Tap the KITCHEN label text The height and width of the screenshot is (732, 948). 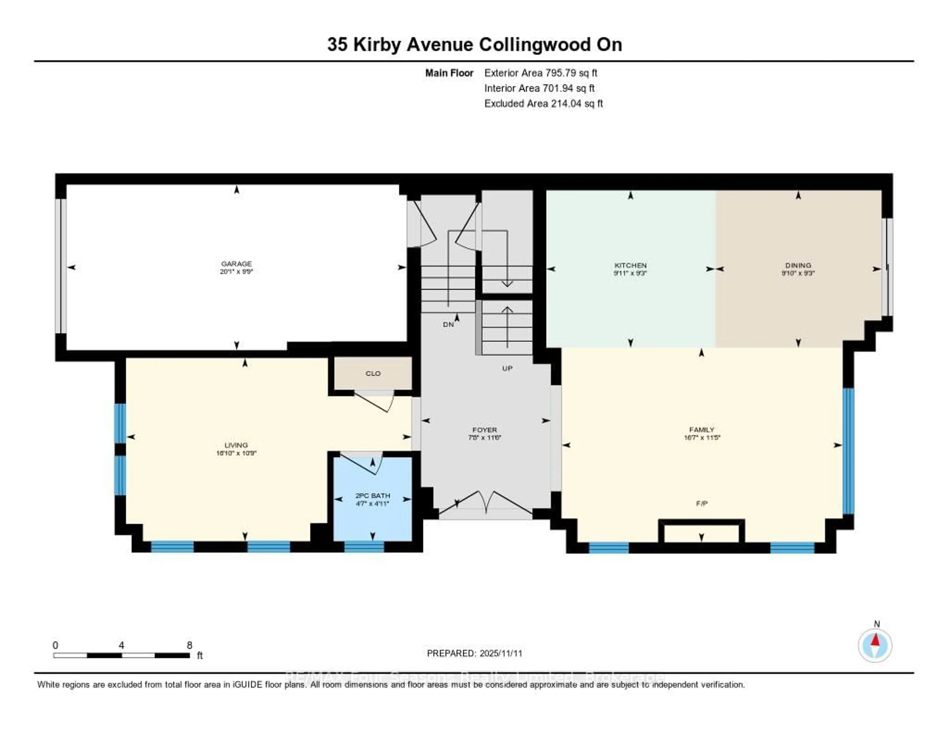point(630,265)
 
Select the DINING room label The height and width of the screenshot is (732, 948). point(798,265)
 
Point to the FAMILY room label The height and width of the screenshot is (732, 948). point(701,430)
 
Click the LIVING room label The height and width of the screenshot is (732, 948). point(236,445)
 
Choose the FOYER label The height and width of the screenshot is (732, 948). point(484,430)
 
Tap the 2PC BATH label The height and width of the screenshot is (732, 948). point(373,496)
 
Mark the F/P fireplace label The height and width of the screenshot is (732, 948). point(701,503)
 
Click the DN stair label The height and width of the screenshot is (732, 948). point(448,325)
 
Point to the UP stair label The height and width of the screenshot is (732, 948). point(507,368)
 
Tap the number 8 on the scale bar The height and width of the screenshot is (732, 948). point(189,645)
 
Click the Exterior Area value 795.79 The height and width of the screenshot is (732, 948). point(563,73)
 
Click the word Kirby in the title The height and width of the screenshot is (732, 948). point(377,45)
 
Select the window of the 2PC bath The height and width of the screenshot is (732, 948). point(364,547)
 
